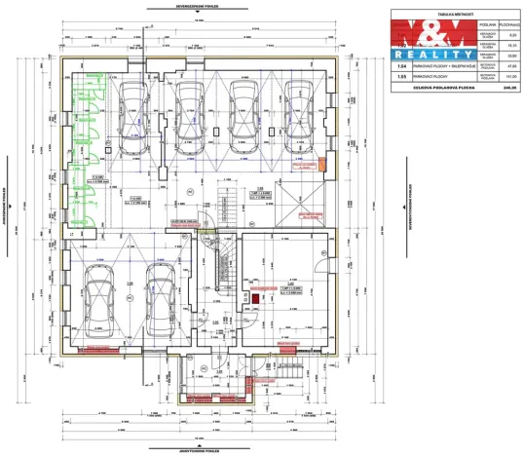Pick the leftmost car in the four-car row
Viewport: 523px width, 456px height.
tap(131, 117)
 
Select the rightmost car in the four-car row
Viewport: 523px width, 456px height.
tap(297, 117)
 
